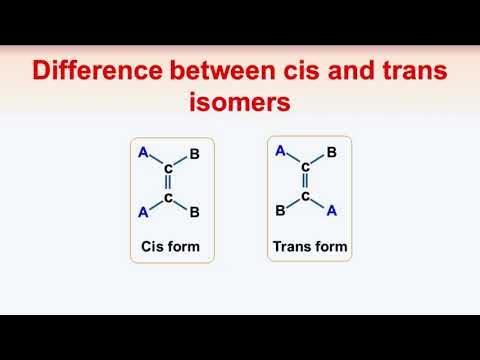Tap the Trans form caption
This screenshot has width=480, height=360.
point(309,245)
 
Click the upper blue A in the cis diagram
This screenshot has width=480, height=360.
point(143,153)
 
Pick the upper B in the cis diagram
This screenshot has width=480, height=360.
point(195,156)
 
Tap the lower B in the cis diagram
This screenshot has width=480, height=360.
point(195,212)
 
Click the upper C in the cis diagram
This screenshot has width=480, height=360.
point(169,169)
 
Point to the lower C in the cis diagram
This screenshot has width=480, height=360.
point(169,198)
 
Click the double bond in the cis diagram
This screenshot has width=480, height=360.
point(169,184)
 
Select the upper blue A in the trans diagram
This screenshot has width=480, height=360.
point(280,151)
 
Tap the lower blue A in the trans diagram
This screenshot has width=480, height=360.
point(332,211)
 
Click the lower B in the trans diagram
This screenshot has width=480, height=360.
point(281,213)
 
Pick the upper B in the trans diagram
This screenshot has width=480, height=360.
point(332,154)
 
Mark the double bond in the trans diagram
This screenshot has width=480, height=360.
point(306,181)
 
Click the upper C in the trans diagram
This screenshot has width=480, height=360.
point(306,167)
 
